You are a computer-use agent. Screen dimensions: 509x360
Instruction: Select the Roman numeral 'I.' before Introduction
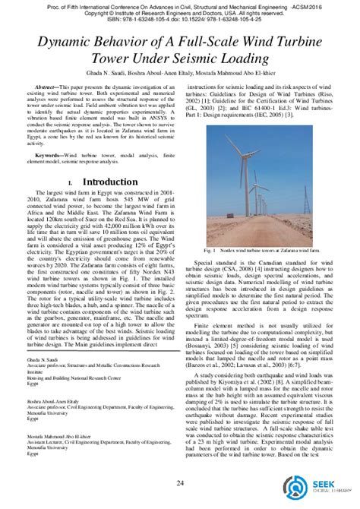tap(71, 183)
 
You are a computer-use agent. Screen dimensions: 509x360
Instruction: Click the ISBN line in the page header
tap(180, 22)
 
